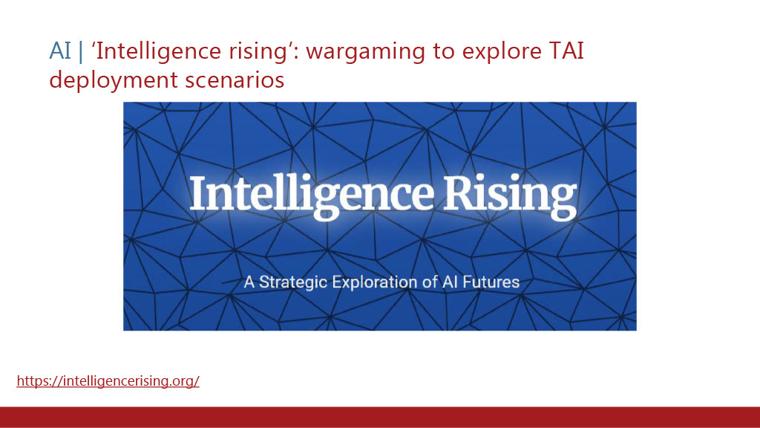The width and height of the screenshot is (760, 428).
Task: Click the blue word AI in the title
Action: [x=60, y=51]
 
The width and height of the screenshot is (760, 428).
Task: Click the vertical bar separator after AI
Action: [x=81, y=51]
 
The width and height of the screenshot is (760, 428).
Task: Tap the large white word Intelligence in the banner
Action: [x=311, y=196]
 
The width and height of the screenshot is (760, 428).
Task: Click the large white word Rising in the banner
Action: [x=511, y=196]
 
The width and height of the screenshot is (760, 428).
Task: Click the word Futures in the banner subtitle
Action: [x=491, y=282]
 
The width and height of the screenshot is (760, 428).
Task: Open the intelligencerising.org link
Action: [x=108, y=381]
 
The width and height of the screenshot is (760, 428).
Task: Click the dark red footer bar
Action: [x=380, y=418]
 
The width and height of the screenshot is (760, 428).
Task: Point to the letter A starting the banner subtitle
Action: [x=249, y=282]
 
